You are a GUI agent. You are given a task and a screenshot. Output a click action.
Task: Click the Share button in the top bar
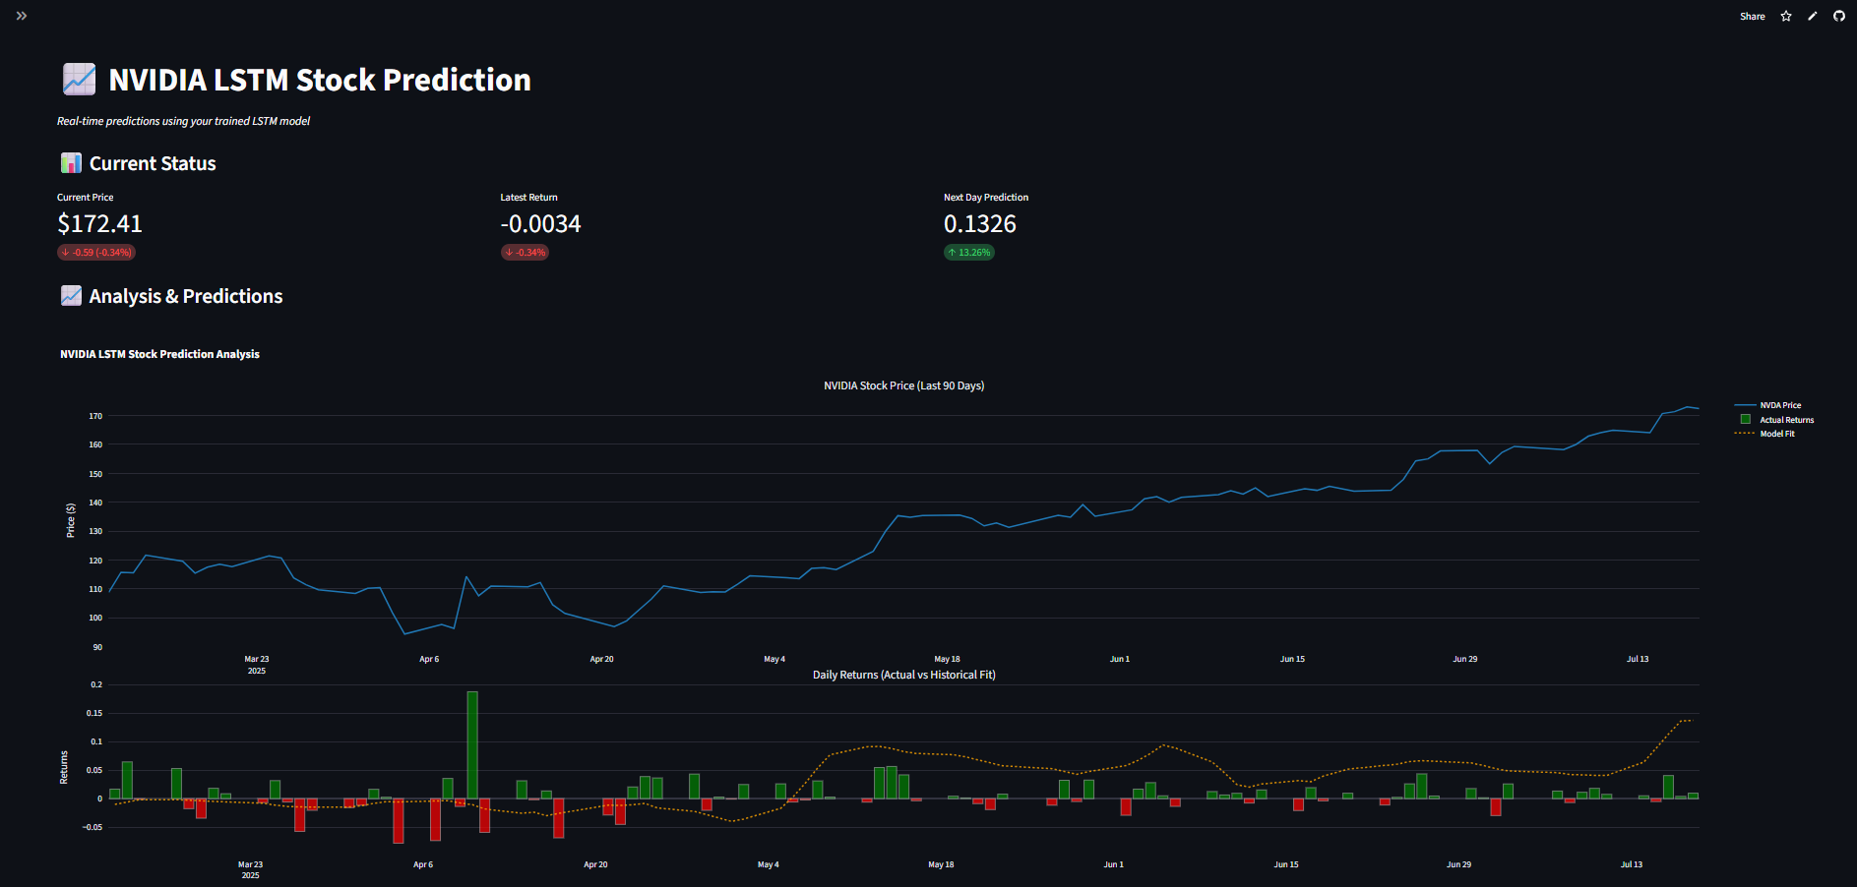(1752, 17)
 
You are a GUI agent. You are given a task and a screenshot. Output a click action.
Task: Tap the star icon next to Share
(1786, 17)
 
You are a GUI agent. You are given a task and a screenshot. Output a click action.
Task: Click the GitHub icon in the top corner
(1838, 17)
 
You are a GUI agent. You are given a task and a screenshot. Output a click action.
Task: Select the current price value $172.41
(99, 224)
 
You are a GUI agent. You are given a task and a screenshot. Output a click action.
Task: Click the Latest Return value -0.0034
(540, 224)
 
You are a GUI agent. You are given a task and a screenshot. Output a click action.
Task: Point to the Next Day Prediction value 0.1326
(979, 224)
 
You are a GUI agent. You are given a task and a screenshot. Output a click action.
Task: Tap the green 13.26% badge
(969, 253)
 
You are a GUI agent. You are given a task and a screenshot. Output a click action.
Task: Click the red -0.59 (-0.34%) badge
(96, 253)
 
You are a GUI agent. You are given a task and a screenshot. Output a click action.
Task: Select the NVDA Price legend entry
(1779, 405)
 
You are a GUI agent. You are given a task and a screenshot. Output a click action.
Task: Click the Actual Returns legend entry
(1785, 420)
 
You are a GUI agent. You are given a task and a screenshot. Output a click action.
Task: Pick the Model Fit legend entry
(1776, 434)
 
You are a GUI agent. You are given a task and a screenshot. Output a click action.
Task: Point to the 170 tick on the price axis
(95, 416)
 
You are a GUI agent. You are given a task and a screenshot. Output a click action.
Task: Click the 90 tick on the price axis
(97, 647)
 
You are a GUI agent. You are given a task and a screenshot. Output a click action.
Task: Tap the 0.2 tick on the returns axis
(96, 684)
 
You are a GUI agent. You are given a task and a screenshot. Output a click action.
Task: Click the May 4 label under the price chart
(774, 659)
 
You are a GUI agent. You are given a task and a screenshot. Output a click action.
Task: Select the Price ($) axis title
(71, 520)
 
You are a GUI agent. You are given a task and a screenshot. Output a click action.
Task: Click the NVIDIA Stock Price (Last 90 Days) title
(903, 385)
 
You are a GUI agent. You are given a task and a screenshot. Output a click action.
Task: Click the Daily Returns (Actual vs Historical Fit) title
(903, 675)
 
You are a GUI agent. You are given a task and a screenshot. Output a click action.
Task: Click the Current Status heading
(153, 163)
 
